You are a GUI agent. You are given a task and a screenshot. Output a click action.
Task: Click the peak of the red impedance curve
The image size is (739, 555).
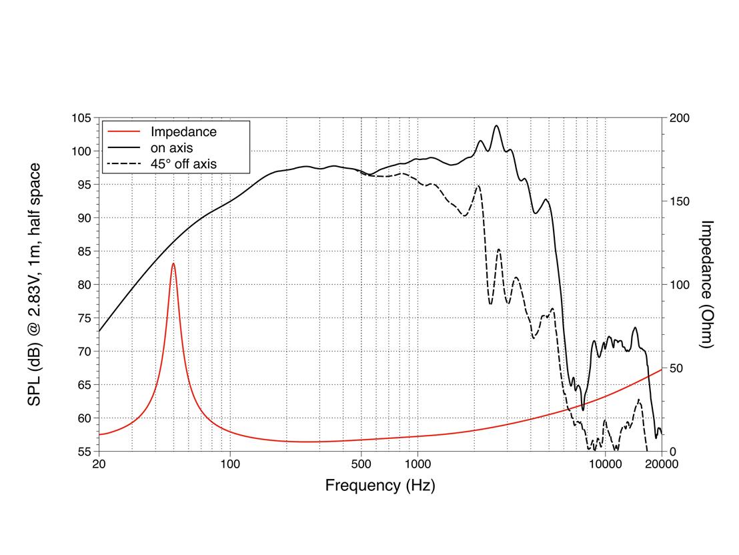click(x=173, y=263)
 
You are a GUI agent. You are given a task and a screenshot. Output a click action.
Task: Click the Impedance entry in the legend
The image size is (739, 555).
click(x=183, y=131)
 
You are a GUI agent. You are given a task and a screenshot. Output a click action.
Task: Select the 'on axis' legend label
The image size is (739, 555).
click(x=171, y=147)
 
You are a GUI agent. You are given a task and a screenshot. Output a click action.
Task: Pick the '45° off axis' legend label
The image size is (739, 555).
click(x=183, y=163)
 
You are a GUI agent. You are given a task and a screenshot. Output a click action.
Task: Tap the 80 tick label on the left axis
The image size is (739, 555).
click(x=83, y=285)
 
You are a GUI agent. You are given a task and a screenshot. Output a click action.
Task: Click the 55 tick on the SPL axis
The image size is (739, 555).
click(x=83, y=452)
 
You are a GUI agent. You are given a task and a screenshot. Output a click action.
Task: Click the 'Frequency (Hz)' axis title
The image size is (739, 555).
click(x=380, y=486)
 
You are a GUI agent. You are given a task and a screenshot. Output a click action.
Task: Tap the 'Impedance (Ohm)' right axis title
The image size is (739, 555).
click(x=708, y=284)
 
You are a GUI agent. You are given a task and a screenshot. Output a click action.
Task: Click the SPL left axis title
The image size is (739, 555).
click(x=33, y=284)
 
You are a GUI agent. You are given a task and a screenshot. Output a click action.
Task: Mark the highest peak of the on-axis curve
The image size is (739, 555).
click(x=496, y=125)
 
